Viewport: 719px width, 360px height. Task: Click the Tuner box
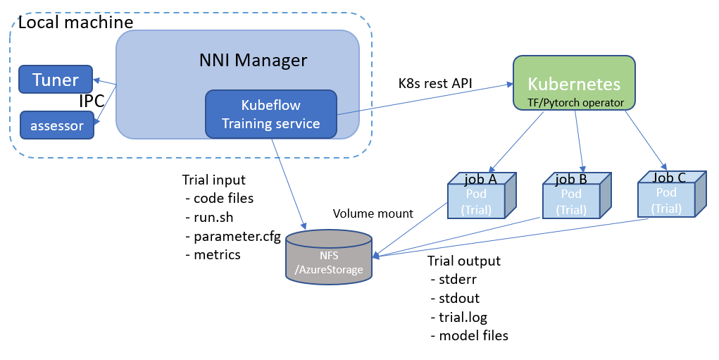[56, 80]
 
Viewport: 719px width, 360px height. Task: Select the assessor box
[56, 126]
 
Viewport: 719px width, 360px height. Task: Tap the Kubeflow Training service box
[270, 114]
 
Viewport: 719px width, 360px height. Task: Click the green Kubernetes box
[574, 83]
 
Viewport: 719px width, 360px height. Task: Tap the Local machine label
[75, 23]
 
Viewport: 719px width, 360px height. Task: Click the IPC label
[92, 101]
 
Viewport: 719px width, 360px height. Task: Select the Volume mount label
[373, 213]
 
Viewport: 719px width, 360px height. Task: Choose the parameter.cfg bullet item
[237, 236]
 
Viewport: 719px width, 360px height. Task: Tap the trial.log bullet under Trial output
[463, 317]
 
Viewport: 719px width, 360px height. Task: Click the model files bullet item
[473, 336]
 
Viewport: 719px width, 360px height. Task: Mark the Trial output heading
[464, 261]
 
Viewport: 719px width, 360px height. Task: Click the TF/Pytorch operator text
[574, 103]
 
